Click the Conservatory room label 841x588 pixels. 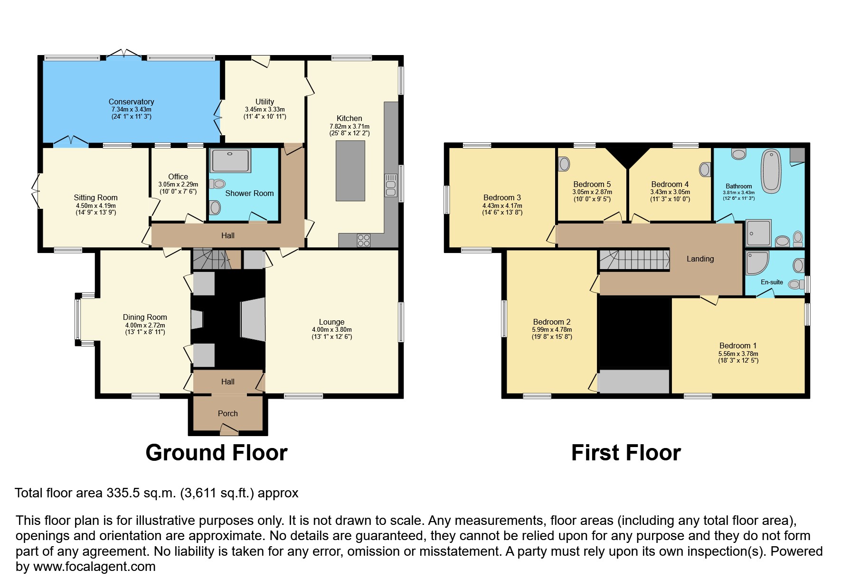point(131,102)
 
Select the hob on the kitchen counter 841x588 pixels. point(364,241)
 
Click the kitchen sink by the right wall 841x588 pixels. point(391,185)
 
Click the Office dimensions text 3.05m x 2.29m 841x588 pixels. point(178,185)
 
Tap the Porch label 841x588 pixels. point(227,413)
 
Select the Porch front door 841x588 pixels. point(229,430)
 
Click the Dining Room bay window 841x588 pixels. point(78,318)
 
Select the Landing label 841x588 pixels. point(700,259)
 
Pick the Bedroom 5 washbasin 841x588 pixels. point(564,164)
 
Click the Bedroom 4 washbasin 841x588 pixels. point(705,169)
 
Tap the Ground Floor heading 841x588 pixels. point(217,452)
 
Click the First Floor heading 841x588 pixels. point(626,452)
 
